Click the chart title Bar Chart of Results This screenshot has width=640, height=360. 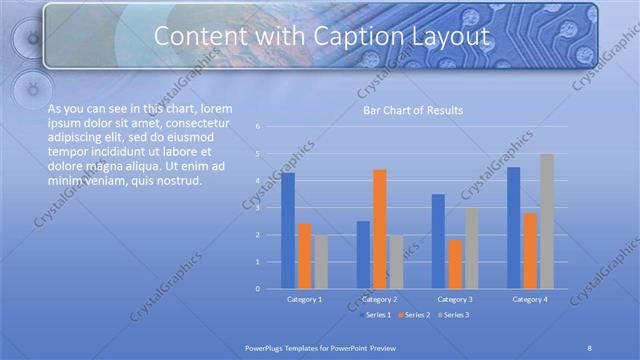(413, 110)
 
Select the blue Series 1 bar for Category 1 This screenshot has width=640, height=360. (288, 230)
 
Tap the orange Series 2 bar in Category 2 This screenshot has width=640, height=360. (379, 229)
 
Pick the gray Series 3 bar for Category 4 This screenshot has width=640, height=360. (546, 221)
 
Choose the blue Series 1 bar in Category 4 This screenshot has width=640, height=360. (514, 227)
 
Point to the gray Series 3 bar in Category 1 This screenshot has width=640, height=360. (320, 261)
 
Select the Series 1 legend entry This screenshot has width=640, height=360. (376, 315)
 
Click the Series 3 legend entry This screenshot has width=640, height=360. (453, 315)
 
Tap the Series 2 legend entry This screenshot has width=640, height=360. (414, 315)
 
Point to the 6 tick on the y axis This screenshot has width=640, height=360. (258, 127)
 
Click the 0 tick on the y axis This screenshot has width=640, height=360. (258, 289)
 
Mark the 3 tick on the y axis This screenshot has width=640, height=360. (258, 208)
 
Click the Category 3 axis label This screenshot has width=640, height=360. (454, 299)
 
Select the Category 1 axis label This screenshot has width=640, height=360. (304, 299)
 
